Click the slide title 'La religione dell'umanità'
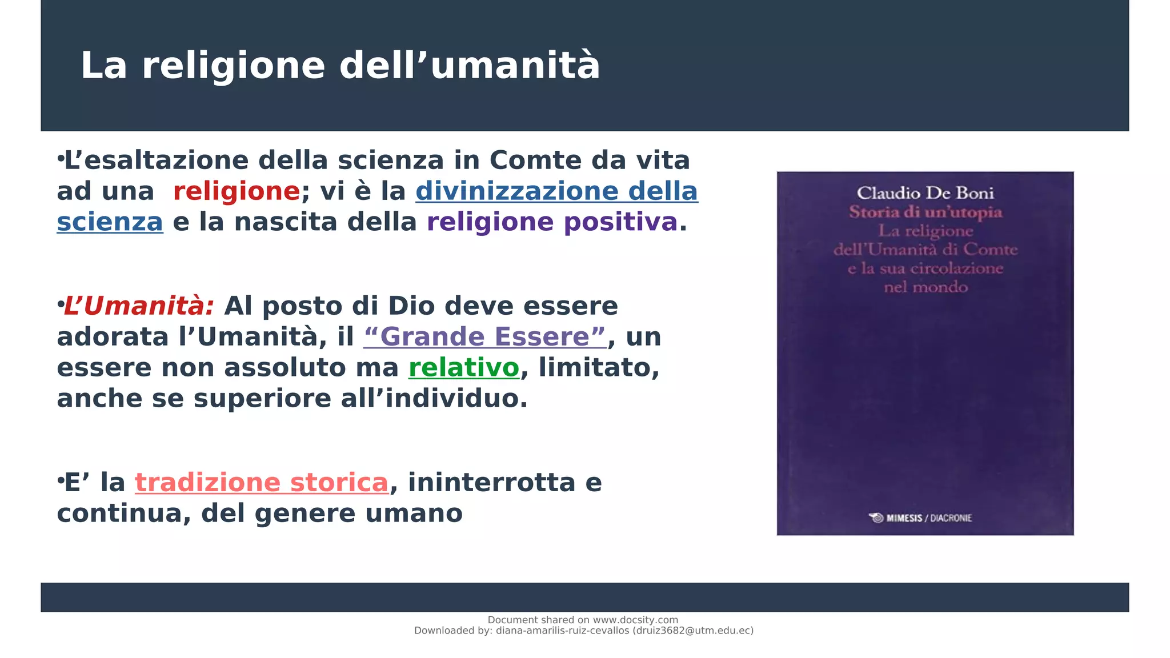coord(340,66)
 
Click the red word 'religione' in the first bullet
coord(236,191)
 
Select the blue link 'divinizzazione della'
coord(556,191)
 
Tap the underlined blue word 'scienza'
coord(110,222)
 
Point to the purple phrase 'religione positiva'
coord(552,222)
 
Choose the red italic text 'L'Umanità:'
coord(139,306)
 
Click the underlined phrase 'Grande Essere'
coord(484,337)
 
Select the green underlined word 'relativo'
coord(464,368)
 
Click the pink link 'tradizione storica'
coord(262,483)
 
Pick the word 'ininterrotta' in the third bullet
coord(491,483)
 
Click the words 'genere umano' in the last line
coord(358,513)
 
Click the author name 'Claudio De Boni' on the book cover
coord(925,194)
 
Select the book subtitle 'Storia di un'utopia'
coord(925,212)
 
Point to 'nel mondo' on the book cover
coord(925,287)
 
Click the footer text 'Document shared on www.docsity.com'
coord(583,620)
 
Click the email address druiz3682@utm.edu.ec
coord(693,631)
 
